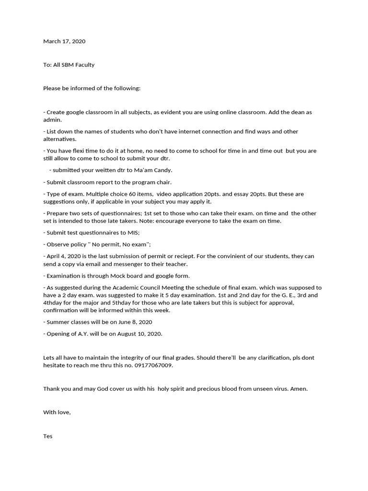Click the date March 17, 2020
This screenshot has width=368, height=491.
coord(64,41)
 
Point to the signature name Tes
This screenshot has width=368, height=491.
coord(48,436)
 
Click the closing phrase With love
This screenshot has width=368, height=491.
coord(57,412)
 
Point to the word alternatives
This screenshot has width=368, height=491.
coord(59,139)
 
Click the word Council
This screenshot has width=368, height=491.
coord(156,287)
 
